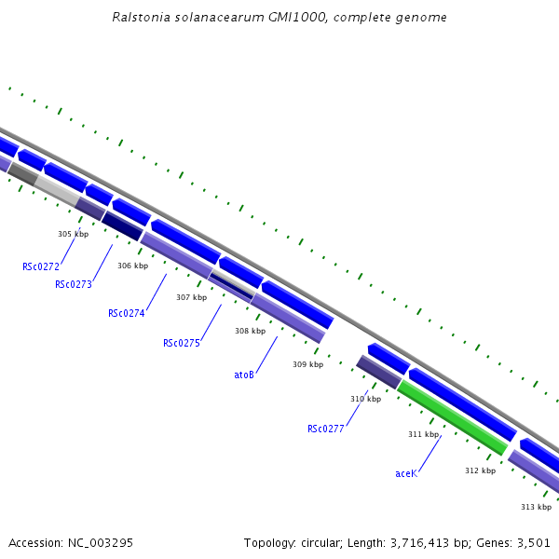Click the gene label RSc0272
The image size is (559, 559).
click(x=41, y=266)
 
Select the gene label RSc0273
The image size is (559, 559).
click(x=74, y=284)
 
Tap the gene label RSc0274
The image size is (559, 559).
click(x=127, y=313)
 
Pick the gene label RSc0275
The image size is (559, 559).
click(x=182, y=343)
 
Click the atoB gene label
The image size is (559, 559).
click(x=244, y=375)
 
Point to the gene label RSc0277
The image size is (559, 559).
click(x=326, y=429)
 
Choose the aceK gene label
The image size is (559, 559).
click(x=406, y=473)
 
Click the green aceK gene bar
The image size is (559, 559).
click(x=452, y=418)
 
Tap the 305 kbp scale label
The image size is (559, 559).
click(x=73, y=234)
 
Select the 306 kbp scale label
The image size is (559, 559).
click(x=132, y=266)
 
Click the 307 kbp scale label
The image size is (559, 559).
click(x=191, y=297)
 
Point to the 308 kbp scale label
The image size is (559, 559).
click(x=250, y=331)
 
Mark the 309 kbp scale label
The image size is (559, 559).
click(x=307, y=364)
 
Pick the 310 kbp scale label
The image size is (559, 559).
click(x=365, y=399)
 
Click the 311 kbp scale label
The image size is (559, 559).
click(x=423, y=434)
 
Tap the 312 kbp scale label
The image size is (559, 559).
click(x=480, y=470)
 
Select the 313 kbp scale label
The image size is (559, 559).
click(x=536, y=507)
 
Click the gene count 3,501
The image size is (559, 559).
click(x=533, y=542)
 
